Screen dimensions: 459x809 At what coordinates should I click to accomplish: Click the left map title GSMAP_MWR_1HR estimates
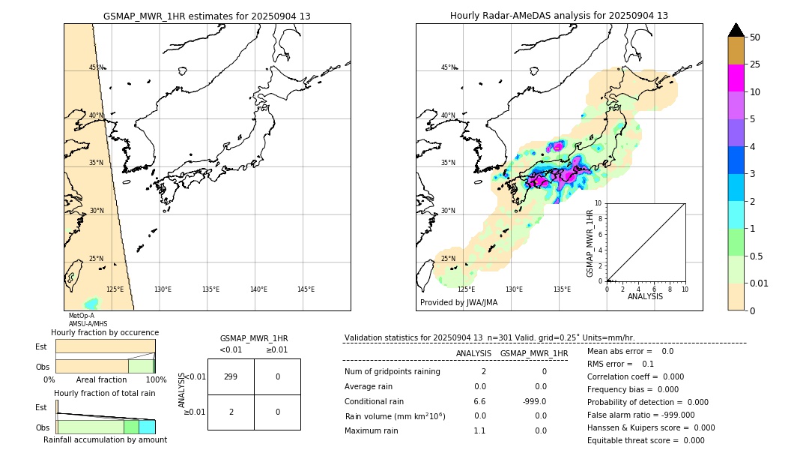207,16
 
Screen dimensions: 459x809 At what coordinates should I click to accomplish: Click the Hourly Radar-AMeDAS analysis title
559,16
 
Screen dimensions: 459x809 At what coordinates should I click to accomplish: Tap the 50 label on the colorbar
755,37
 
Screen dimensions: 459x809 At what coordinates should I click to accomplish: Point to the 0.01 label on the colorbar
760,283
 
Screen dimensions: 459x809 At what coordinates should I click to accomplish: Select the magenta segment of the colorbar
736,78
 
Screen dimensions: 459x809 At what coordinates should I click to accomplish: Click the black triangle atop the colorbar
736,30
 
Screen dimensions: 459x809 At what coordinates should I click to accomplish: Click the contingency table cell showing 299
231,376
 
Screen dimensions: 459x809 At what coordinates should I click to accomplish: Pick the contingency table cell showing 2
231,412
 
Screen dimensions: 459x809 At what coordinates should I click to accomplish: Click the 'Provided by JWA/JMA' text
458,302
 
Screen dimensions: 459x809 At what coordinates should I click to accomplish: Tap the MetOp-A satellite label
81,316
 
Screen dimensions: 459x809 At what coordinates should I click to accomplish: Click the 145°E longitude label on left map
306,289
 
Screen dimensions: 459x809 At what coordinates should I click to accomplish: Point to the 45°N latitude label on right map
448,67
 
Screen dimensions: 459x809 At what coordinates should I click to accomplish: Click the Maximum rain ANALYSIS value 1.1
479,430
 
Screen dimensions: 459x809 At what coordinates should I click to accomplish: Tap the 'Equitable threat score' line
646,440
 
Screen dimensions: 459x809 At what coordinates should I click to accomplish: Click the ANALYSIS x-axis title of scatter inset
645,296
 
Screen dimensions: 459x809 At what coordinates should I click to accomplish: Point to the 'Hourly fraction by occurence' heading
105,332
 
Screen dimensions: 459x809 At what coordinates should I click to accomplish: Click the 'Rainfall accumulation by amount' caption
105,439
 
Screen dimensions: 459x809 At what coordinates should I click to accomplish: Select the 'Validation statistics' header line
489,338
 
